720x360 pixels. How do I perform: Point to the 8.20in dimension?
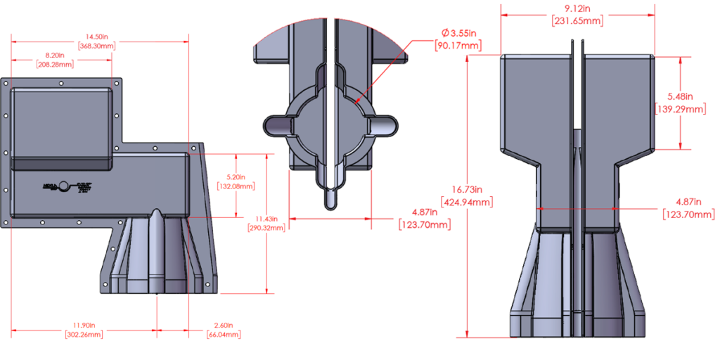tap(54, 55)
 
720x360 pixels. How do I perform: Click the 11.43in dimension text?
tap(266, 219)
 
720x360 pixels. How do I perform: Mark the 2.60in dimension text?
tap(226, 326)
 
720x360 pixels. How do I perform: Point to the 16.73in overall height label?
tap(466, 189)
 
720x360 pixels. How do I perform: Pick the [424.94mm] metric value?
tap(466, 202)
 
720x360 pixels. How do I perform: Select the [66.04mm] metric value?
tap(226, 335)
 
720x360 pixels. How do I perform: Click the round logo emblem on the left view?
tap(64, 186)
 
